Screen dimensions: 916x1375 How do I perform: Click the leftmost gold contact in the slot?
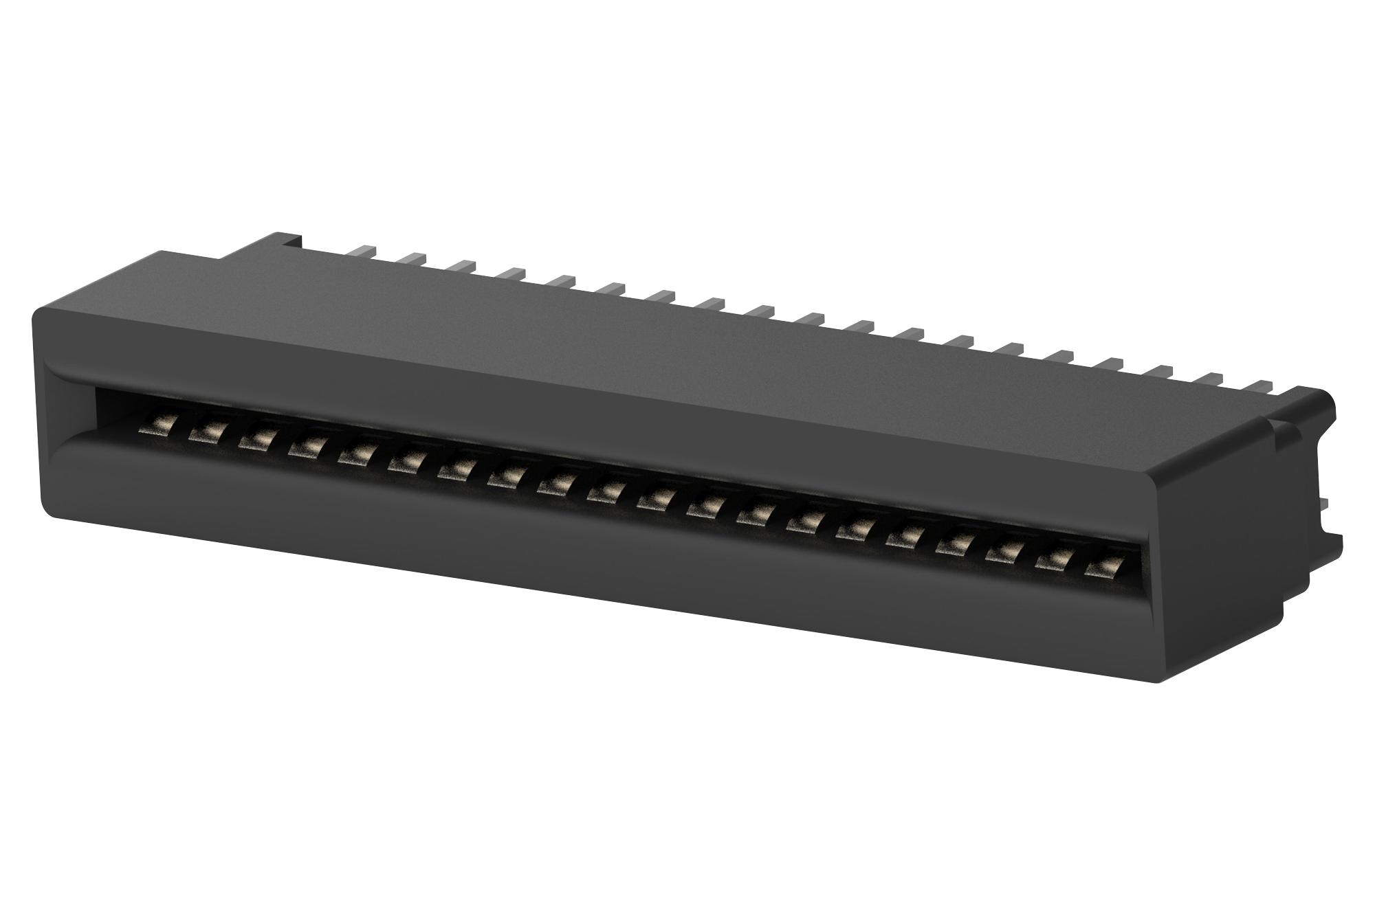pyautogui.click(x=153, y=428)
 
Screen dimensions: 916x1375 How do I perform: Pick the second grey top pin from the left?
pyautogui.click(x=411, y=257)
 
